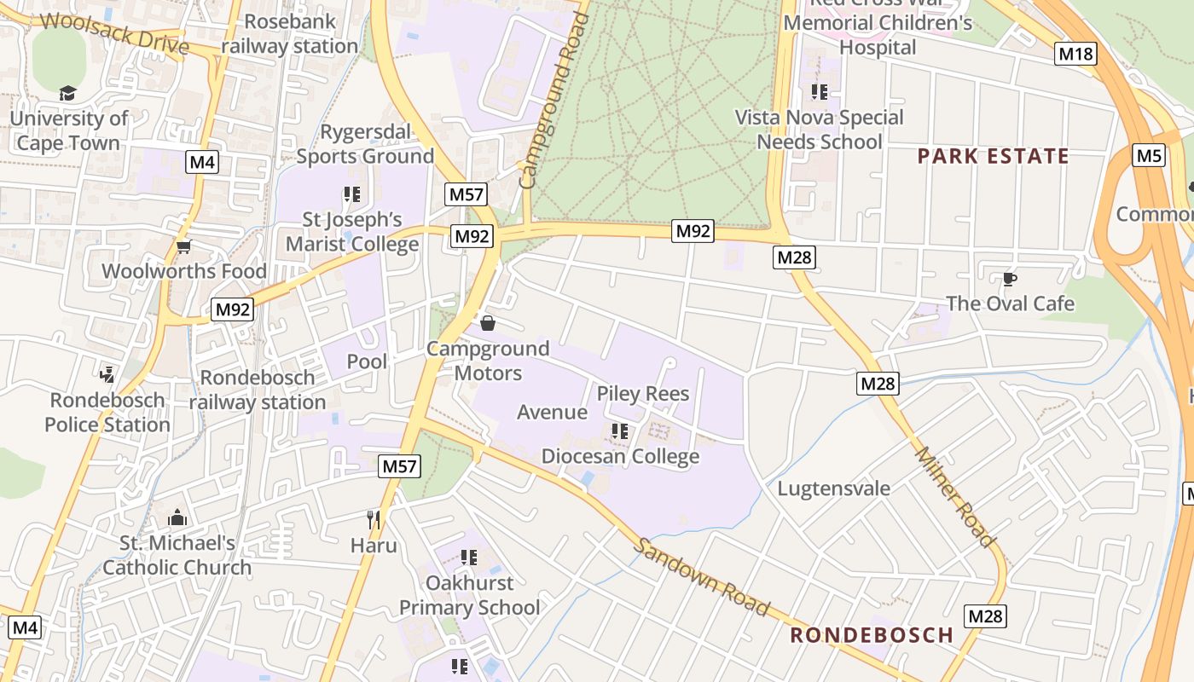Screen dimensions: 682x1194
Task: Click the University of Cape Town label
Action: pos(68,130)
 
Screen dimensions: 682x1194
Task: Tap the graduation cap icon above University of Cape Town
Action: pos(67,93)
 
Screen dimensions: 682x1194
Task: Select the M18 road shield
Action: pos(1075,55)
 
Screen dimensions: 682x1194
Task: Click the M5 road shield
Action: pos(1149,156)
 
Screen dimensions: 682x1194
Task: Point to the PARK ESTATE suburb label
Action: pos(993,156)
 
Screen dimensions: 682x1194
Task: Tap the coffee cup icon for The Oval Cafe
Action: pos(1009,279)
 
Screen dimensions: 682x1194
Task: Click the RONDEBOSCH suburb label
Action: pos(871,635)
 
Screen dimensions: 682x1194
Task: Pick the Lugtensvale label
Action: pos(833,488)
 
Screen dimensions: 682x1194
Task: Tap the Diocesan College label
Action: pos(620,456)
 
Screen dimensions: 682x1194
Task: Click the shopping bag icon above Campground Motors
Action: pos(488,323)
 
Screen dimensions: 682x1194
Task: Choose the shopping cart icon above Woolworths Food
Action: pos(183,247)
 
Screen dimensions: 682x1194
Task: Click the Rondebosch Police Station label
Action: pos(107,412)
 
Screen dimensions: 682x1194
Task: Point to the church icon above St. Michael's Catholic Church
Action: pos(177,517)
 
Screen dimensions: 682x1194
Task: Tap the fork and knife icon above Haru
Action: pos(374,519)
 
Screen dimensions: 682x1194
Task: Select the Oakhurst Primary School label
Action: pos(469,595)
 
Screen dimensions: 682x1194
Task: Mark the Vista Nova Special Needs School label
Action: pos(819,130)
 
